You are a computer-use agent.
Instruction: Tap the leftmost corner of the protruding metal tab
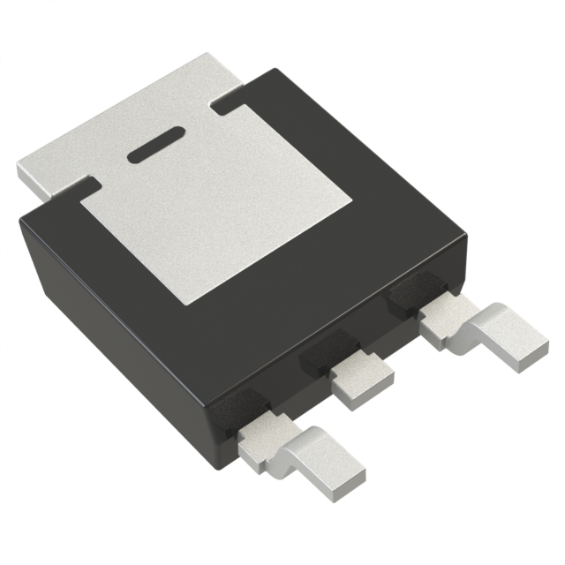19,168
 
